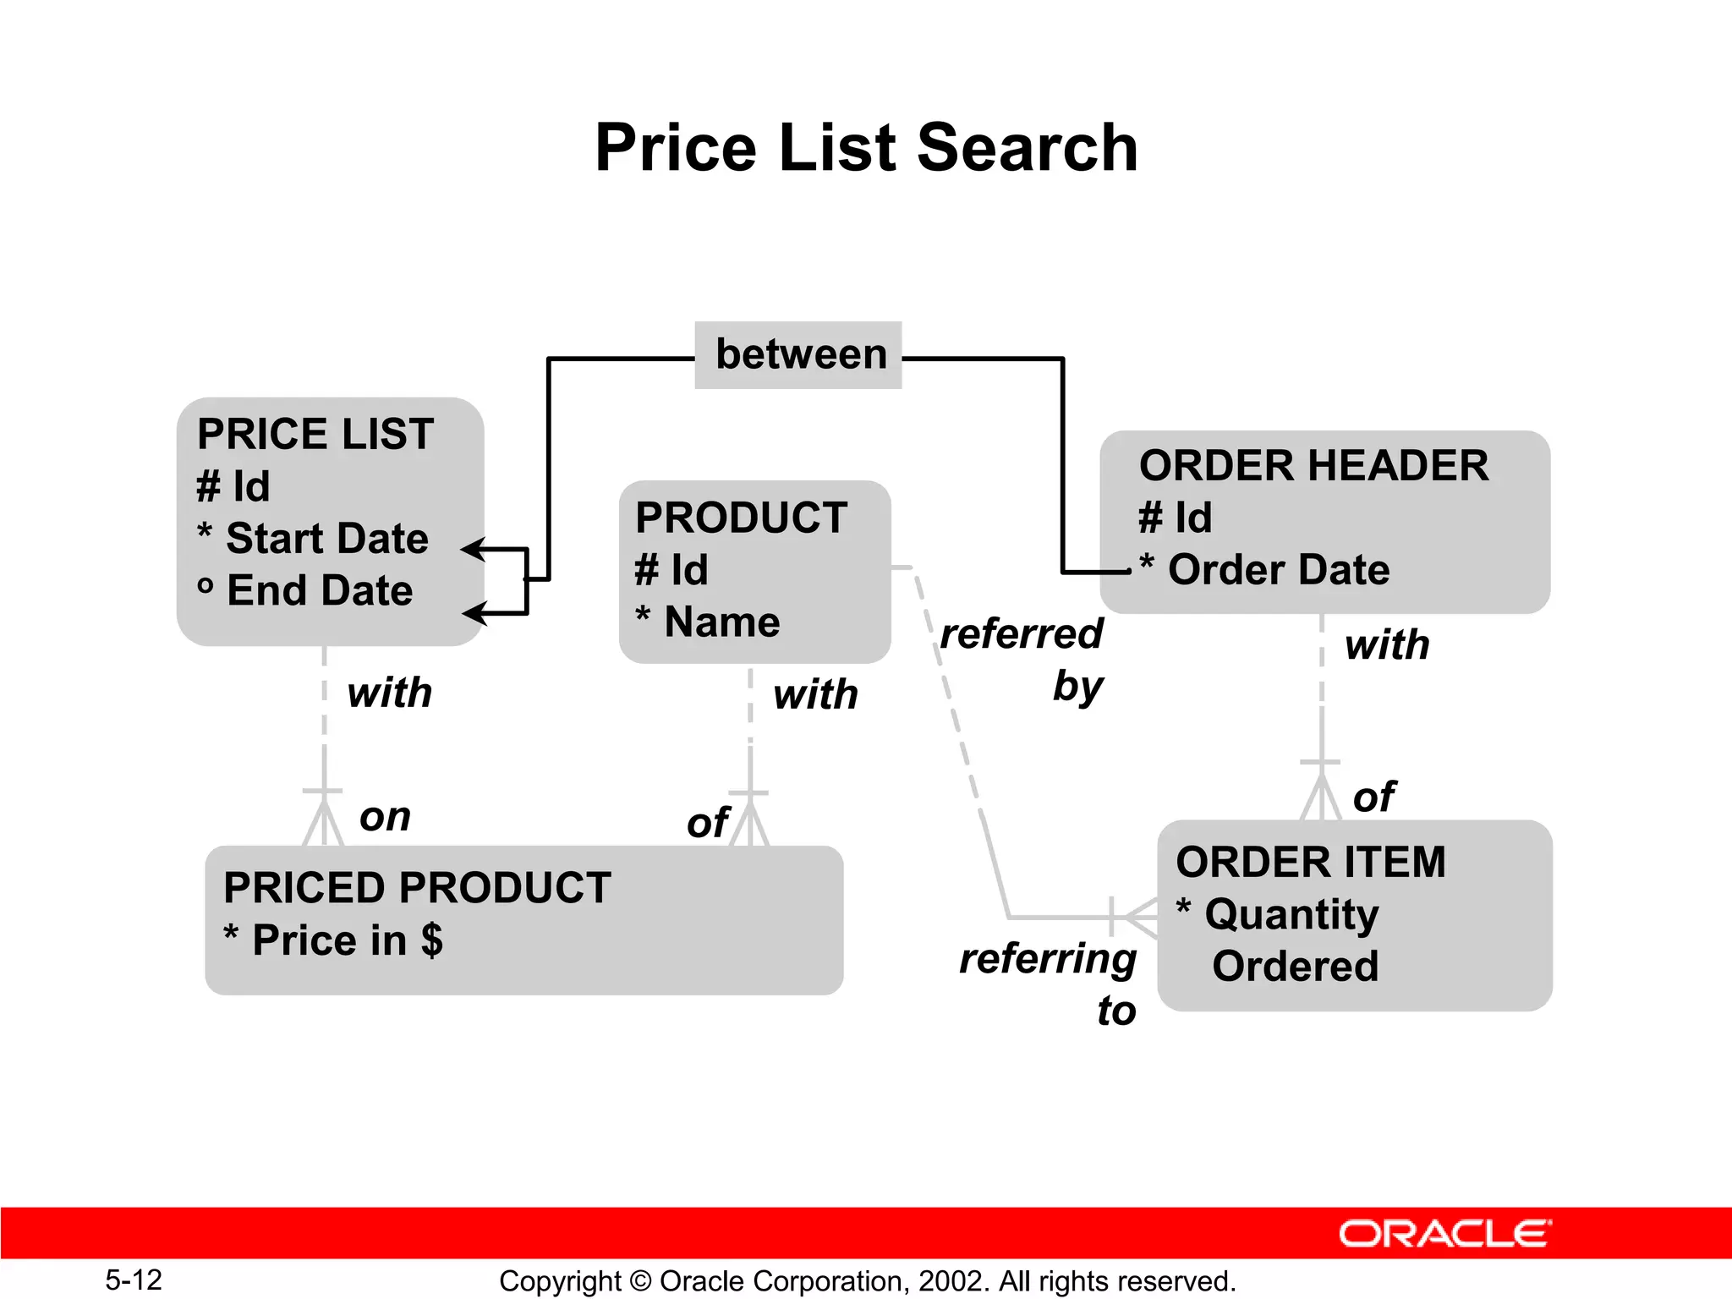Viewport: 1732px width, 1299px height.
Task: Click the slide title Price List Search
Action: click(x=866, y=148)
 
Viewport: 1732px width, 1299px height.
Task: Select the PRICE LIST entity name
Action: click(x=315, y=434)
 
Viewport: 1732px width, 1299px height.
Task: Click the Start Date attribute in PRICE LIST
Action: click(x=326, y=539)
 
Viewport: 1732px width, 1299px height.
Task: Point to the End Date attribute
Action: click(x=320, y=590)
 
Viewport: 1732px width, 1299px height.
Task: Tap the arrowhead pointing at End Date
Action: click(x=475, y=612)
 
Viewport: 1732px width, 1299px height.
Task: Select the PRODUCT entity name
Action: click(x=741, y=518)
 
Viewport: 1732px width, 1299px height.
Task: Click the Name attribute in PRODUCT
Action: click(x=721, y=622)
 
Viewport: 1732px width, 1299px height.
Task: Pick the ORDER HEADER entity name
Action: click(x=1313, y=465)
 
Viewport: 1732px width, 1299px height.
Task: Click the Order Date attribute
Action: click(x=1278, y=570)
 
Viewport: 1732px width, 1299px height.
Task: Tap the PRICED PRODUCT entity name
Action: click(x=417, y=888)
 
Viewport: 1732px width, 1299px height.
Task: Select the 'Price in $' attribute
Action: click(x=347, y=940)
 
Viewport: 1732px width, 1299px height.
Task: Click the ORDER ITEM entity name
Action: click(x=1310, y=863)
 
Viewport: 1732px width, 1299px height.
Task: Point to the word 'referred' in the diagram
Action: click(x=1022, y=633)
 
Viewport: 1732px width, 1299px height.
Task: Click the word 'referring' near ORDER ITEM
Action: click(x=1047, y=959)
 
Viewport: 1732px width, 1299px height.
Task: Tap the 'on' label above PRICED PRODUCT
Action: click(x=385, y=817)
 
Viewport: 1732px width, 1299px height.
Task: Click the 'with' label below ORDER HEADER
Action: click(x=1387, y=645)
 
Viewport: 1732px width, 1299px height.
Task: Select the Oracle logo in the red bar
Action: click(x=1444, y=1234)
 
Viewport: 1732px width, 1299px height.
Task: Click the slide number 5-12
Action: click(x=134, y=1280)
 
